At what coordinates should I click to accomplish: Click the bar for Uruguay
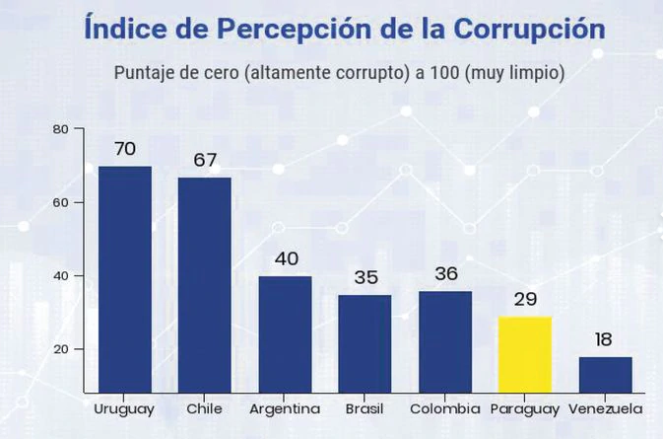(124, 280)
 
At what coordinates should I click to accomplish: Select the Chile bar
(204, 286)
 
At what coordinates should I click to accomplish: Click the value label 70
(124, 150)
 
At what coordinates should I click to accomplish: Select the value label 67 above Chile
(205, 161)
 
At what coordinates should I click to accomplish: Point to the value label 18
(604, 340)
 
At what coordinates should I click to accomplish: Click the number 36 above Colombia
(445, 274)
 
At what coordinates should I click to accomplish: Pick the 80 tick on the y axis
(60, 129)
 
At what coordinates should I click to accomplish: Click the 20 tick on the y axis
(60, 349)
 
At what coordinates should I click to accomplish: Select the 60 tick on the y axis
(60, 202)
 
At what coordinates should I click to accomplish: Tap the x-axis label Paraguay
(524, 408)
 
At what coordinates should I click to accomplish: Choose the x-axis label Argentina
(285, 408)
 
